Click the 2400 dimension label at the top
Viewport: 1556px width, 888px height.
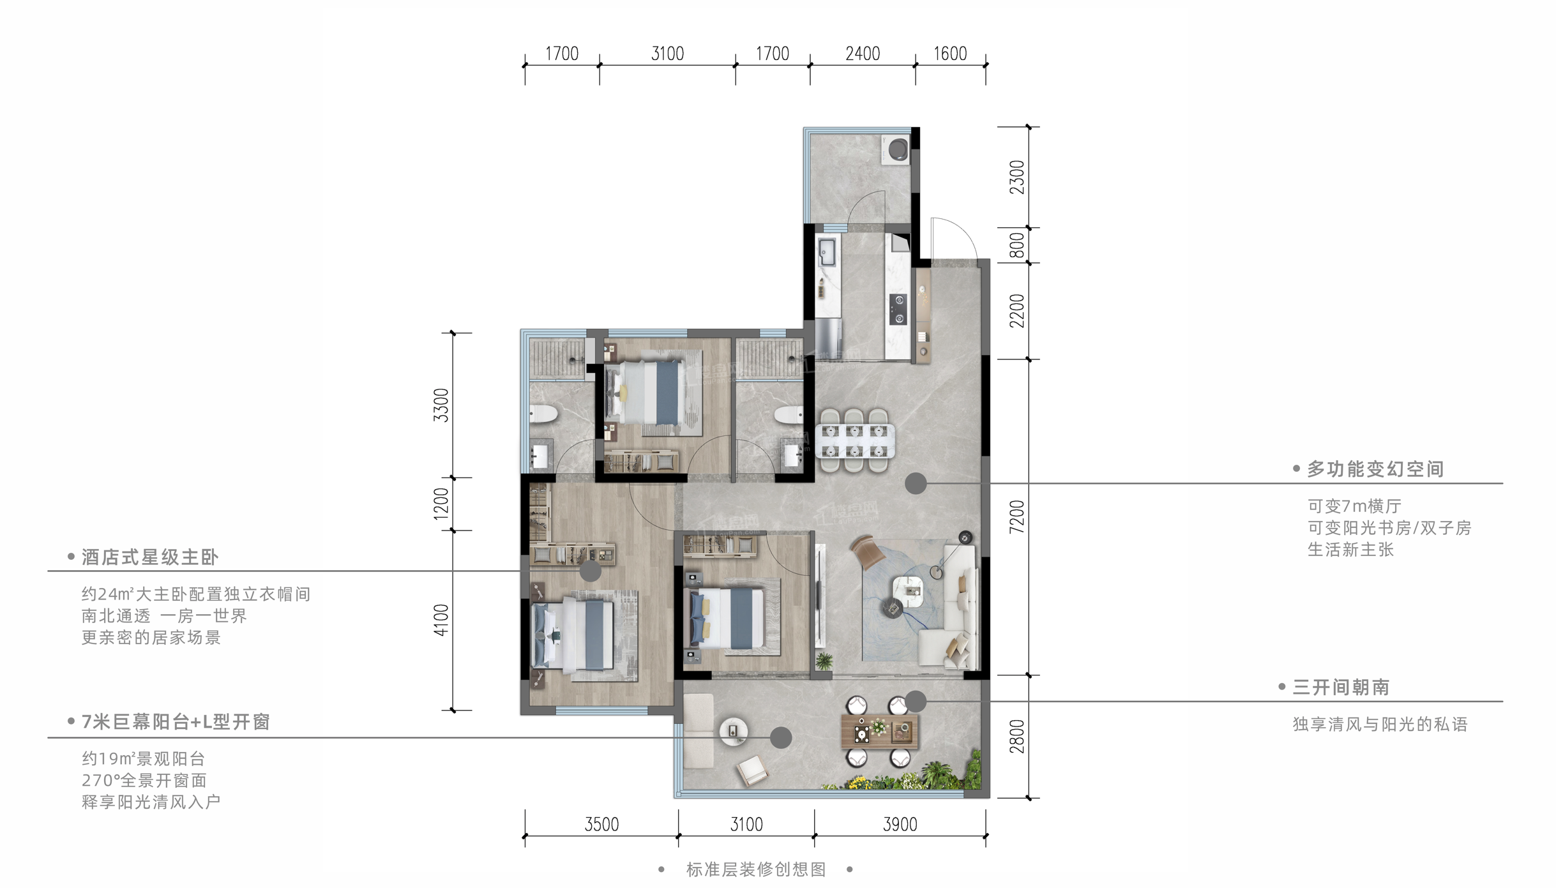pyautogui.click(x=863, y=54)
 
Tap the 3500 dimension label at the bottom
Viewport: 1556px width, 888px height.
pyautogui.click(x=601, y=824)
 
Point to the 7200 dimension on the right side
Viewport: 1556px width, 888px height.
pyautogui.click(x=1016, y=517)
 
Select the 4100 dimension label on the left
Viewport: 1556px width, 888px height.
pyautogui.click(x=441, y=620)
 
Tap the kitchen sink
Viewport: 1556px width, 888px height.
pyautogui.click(x=827, y=252)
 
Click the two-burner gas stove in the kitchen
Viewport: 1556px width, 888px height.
pyautogui.click(x=898, y=309)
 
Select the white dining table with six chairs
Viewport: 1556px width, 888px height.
pyautogui.click(x=854, y=440)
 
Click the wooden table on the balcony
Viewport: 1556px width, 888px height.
pyautogui.click(x=879, y=731)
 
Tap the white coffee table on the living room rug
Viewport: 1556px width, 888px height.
pyautogui.click(x=907, y=589)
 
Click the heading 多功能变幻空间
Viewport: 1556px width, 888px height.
pyautogui.click(x=1375, y=469)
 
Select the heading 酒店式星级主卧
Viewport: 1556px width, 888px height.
pyautogui.click(x=150, y=557)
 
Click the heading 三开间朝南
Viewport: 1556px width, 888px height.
pyautogui.click(x=1341, y=688)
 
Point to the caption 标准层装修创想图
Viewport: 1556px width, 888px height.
pyautogui.click(x=756, y=869)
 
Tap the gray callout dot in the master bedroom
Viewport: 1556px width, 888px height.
pyautogui.click(x=590, y=571)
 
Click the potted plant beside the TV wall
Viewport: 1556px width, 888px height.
pyautogui.click(x=824, y=661)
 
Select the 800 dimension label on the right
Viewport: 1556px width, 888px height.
pyautogui.click(x=1016, y=245)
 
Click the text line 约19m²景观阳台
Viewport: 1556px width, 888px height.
pyautogui.click(x=144, y=759)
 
